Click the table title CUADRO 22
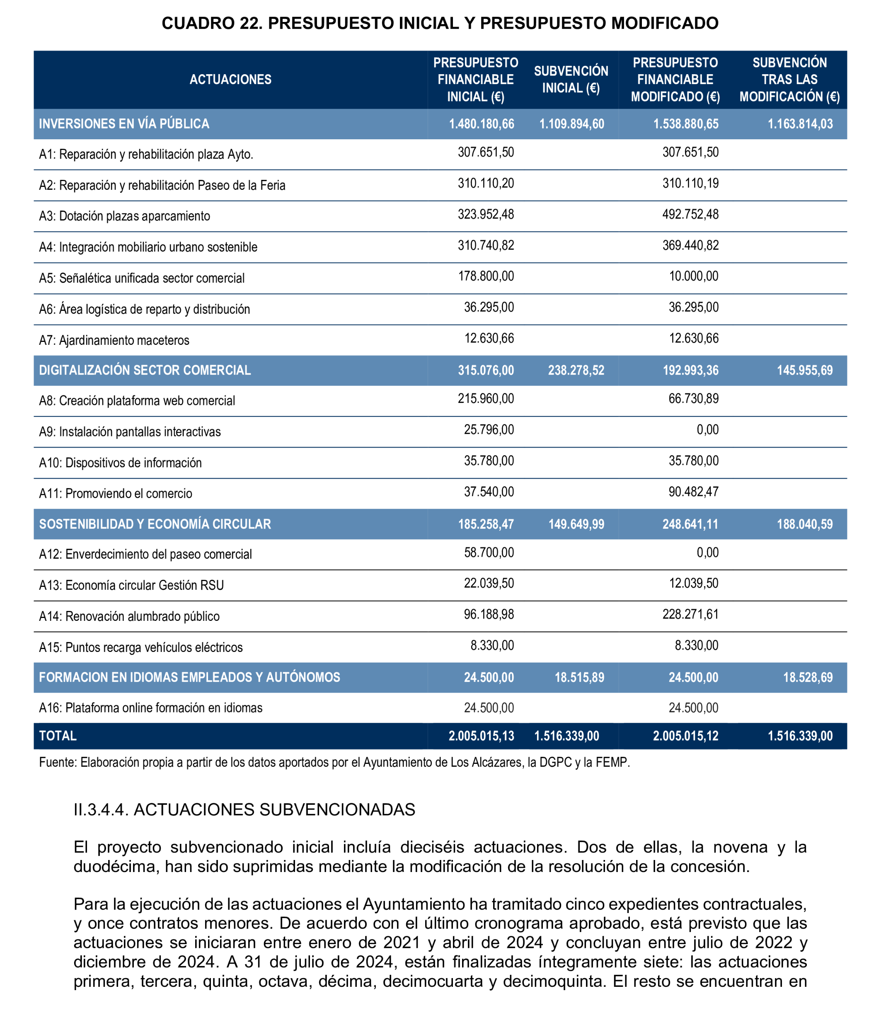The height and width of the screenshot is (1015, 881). point(440,23)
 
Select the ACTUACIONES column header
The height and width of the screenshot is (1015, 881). point(230,80)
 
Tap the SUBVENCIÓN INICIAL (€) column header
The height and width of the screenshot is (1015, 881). point(571,80)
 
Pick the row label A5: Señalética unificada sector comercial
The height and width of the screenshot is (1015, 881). point(142,279)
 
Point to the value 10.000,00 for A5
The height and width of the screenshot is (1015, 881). point(693,276)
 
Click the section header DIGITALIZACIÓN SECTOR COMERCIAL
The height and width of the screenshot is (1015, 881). point(145,370)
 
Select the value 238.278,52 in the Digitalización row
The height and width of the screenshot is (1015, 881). point(576,370)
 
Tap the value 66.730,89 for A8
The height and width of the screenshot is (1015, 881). point(693,399)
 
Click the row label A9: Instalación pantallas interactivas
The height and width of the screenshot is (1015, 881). point(130,432)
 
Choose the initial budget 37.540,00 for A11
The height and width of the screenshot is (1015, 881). point(489,492)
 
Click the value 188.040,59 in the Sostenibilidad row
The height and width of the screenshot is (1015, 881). point(804,524)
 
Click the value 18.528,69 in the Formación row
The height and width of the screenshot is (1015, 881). point(807,678)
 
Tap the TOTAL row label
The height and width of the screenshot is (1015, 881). point(58,736)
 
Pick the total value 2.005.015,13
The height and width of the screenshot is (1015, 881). point(481,736)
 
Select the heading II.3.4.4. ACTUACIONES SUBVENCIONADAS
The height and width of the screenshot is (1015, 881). point(244,809)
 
